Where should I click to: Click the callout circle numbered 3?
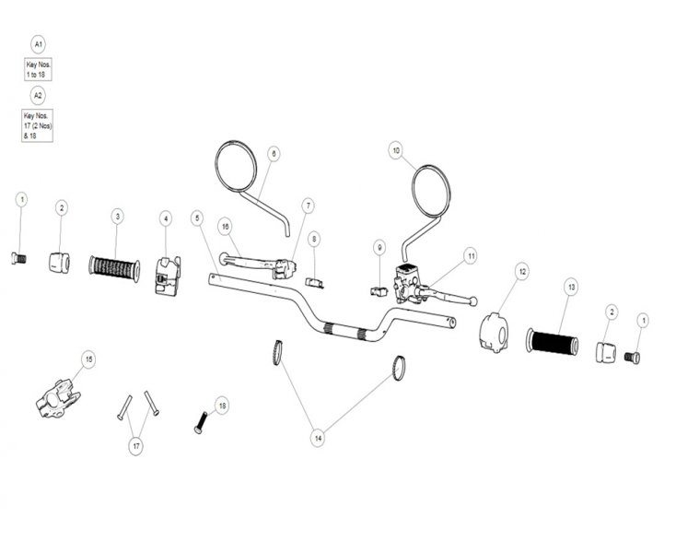click(x=117, y=216)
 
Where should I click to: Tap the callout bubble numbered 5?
click(x=197, y=218)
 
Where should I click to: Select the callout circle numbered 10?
click(x=396, y=150)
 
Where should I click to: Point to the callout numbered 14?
click(x=318, y=439)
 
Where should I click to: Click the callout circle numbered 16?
click(x=224, y=226)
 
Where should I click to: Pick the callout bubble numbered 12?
click(x=521, y=271)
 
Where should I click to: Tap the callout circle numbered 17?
click(x=136, y=446)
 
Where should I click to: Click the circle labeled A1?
click(x=38, y=44)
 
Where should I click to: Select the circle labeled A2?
click(x=38, y=95)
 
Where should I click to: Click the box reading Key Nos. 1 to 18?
click(x=38, y=70)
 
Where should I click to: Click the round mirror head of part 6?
click(x=234, y=166)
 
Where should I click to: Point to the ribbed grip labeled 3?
click(x=113, y=268)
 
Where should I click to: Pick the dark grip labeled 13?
click(x=553, y=342)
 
